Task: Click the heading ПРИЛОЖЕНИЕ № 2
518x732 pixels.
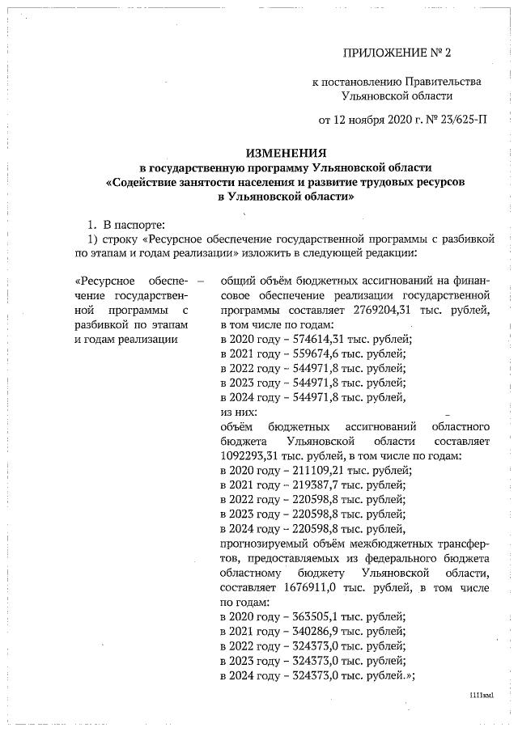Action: pos(396,53)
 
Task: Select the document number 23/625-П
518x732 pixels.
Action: pos(459,121)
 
